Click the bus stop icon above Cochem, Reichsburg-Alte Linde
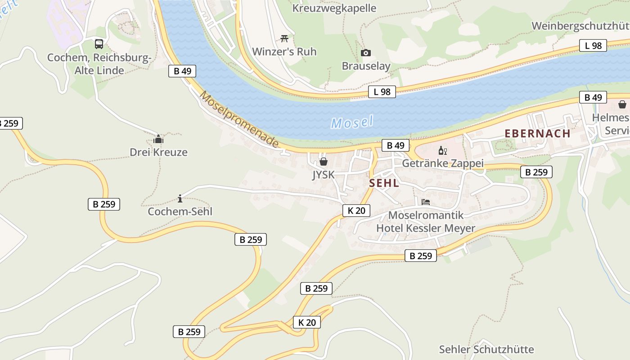99,44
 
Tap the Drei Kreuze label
158,152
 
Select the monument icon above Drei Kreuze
158,139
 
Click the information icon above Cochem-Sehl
180,198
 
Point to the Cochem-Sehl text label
180,211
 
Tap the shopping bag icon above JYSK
323,161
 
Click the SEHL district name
384,183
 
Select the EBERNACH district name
537,134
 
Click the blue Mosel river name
352,122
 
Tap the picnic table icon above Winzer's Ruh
284,39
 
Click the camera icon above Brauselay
366,53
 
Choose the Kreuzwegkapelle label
334,8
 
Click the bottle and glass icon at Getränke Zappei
443,150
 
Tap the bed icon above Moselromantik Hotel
426,202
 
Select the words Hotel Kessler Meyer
426,228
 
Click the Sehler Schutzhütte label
486,350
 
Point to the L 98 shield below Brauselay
382,92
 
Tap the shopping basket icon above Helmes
622,104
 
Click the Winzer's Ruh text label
284,52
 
